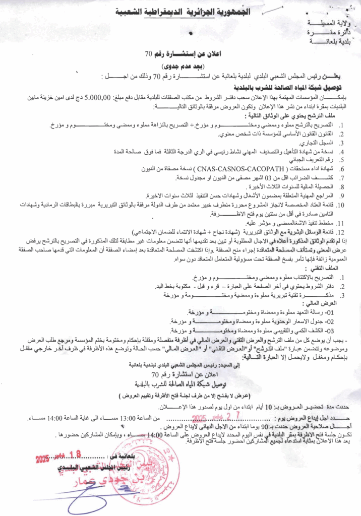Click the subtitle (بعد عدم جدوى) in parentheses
[x=180, y=66]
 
